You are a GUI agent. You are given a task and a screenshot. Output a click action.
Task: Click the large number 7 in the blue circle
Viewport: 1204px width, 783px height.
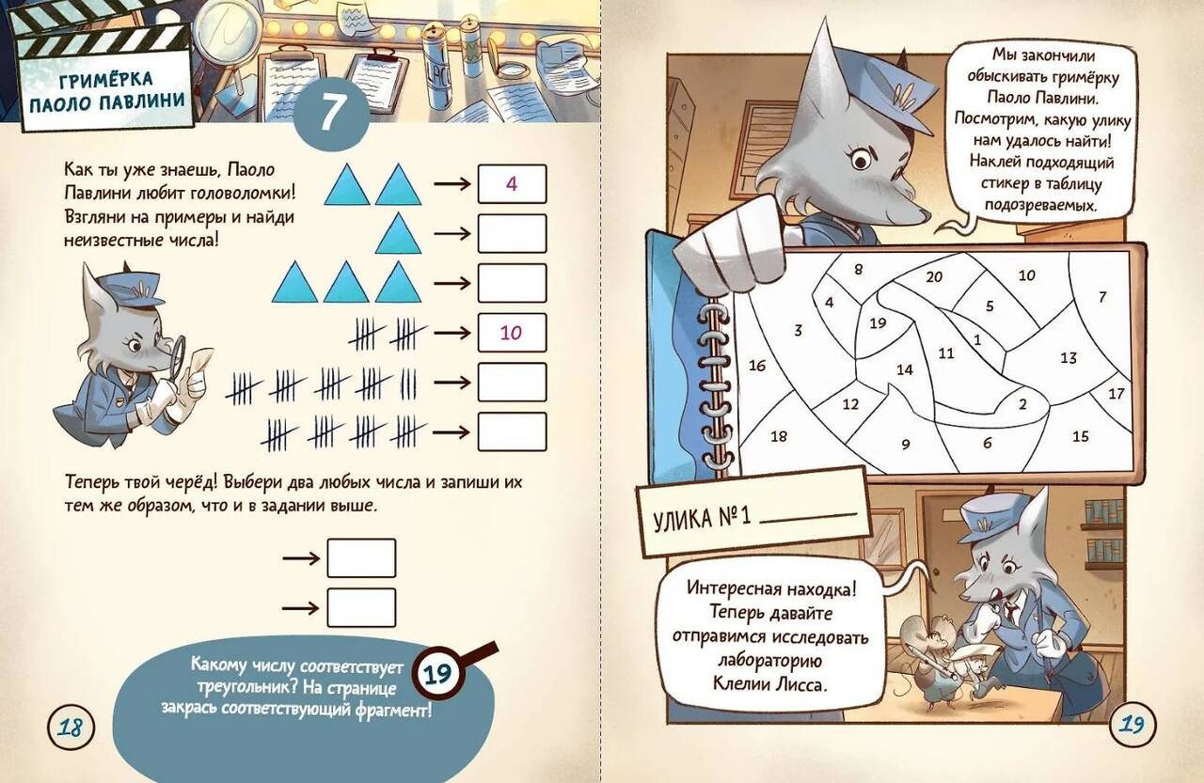[x=331, y=112]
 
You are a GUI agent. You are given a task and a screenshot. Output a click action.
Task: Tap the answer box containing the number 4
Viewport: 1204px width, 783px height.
[x=512, y=184]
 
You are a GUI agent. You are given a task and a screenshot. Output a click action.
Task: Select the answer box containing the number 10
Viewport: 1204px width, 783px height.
[x=512, y=333]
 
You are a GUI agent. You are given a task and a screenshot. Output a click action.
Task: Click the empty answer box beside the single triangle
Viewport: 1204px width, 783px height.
[x=512, y=234]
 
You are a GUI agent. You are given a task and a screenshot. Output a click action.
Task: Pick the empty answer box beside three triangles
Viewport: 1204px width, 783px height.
[x=512, y=283]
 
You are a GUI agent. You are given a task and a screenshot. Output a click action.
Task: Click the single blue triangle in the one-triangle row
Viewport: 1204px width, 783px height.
[x=398, y=234]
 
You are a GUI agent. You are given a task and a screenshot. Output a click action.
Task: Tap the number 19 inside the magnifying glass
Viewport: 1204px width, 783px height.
[x=437, y=673]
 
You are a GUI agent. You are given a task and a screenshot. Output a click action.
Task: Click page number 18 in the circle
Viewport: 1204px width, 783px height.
[x=71, y=728]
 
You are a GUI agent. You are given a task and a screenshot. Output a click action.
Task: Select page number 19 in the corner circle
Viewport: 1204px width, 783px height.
[x=1132, y=725]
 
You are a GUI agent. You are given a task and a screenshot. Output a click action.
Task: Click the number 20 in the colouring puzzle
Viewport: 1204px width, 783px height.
[x=934, y=277]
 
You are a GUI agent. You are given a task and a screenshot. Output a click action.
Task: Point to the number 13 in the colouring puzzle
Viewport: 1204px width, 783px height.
[x=1069, y=358]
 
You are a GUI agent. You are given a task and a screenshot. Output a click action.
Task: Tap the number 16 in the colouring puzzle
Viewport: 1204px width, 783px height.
[x=757, y=366]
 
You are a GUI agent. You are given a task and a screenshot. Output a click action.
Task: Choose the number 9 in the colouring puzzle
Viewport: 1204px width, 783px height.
[x=906, y=444]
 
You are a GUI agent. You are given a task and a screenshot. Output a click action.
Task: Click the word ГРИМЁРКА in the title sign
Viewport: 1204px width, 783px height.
[x=106, y=80]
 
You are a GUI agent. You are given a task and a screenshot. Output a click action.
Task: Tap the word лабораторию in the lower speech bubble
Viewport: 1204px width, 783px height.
[x=769, y=661]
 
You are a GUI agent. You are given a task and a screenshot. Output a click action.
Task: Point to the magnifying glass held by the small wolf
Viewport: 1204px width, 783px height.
[x=176, y=354]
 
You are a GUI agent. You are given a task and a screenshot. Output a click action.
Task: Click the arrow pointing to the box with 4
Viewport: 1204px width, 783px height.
[x=452, y=184]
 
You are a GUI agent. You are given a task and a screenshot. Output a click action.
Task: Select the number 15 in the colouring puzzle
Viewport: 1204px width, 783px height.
[x=1081, y=436]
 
